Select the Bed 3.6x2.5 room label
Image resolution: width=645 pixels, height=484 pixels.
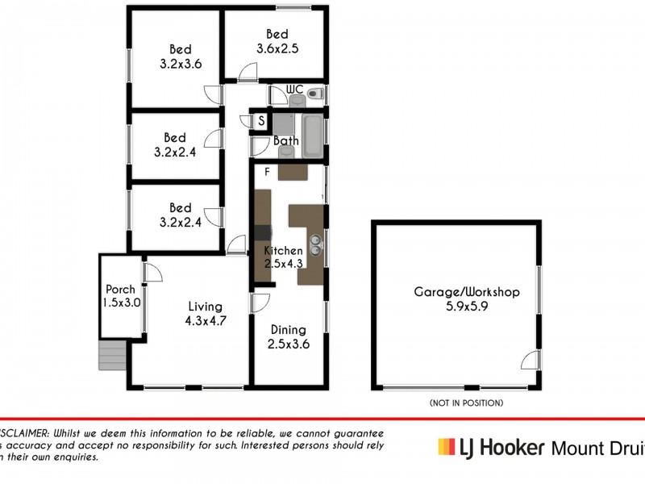point(277,41)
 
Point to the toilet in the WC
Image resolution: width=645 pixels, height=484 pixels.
point(315,96)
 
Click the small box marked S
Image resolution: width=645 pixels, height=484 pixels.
point(261,121)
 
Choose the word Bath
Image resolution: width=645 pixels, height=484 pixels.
point(285,141)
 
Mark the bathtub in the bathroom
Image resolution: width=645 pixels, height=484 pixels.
point(313,134)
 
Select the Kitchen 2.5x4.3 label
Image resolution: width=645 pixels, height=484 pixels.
point(283,257)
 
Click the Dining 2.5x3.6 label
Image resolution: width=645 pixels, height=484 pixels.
point(288,336)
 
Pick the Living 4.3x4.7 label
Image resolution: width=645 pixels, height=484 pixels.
point(205,314)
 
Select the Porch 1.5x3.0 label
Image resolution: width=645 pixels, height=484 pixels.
point(122,296)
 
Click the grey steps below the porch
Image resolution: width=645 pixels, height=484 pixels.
point(113,355)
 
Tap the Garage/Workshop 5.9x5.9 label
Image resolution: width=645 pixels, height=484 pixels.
point(466,299)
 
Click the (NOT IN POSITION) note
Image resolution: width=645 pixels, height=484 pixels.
point(467,402)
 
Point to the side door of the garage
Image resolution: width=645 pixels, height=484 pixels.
point(531,361)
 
